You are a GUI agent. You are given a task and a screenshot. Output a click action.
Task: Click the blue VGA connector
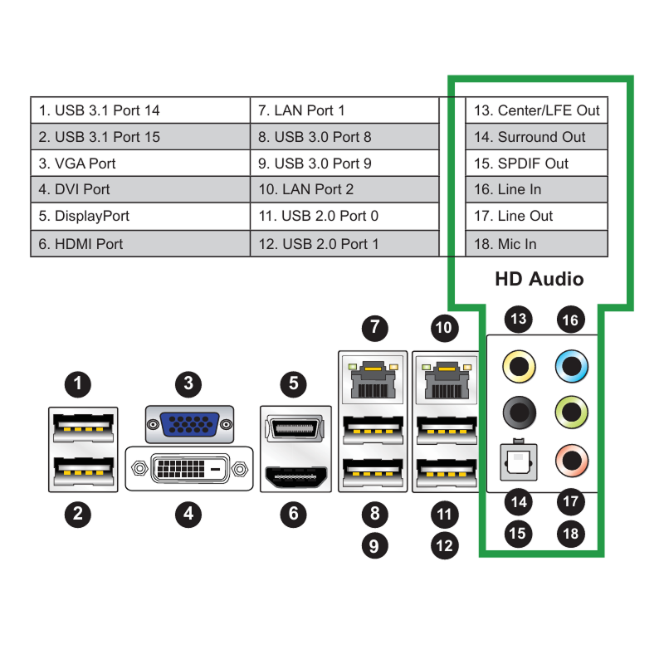click(190, 424)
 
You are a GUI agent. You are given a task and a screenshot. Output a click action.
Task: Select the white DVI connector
click(189, 468)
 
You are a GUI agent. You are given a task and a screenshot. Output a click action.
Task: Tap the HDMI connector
click(296, 476)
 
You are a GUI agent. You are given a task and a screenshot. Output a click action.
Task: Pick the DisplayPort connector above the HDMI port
click(295, 428)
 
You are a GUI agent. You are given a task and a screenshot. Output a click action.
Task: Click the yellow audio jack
click(519, 366)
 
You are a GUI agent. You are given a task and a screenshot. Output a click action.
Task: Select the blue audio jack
click(572, 366)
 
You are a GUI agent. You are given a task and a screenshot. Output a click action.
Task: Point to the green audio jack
click(572, 412)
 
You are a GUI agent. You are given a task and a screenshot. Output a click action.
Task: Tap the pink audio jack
click(572, 461)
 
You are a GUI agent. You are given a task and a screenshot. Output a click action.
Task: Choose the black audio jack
click(520, 413)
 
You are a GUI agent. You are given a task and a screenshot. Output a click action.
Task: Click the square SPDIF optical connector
click(519, 461)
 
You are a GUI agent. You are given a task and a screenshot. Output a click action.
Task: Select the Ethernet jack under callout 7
click(373, 379)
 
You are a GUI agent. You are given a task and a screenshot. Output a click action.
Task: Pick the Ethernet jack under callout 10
click(447, 379)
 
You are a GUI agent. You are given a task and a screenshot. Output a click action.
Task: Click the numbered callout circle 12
click(444, 545)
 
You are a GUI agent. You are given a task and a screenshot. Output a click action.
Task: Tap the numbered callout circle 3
click(188, 383)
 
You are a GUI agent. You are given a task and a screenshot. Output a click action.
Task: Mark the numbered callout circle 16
click(571, 320)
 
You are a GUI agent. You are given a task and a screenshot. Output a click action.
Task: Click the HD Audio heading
click(539, 279)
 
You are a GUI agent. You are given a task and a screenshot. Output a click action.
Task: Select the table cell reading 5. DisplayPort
click(140, 217)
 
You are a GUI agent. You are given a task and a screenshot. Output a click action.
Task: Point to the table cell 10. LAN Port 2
click(344, 189)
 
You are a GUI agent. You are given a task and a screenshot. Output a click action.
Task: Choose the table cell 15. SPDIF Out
click(536, 163)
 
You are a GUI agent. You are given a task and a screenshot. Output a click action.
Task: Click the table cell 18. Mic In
click(536, 243)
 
